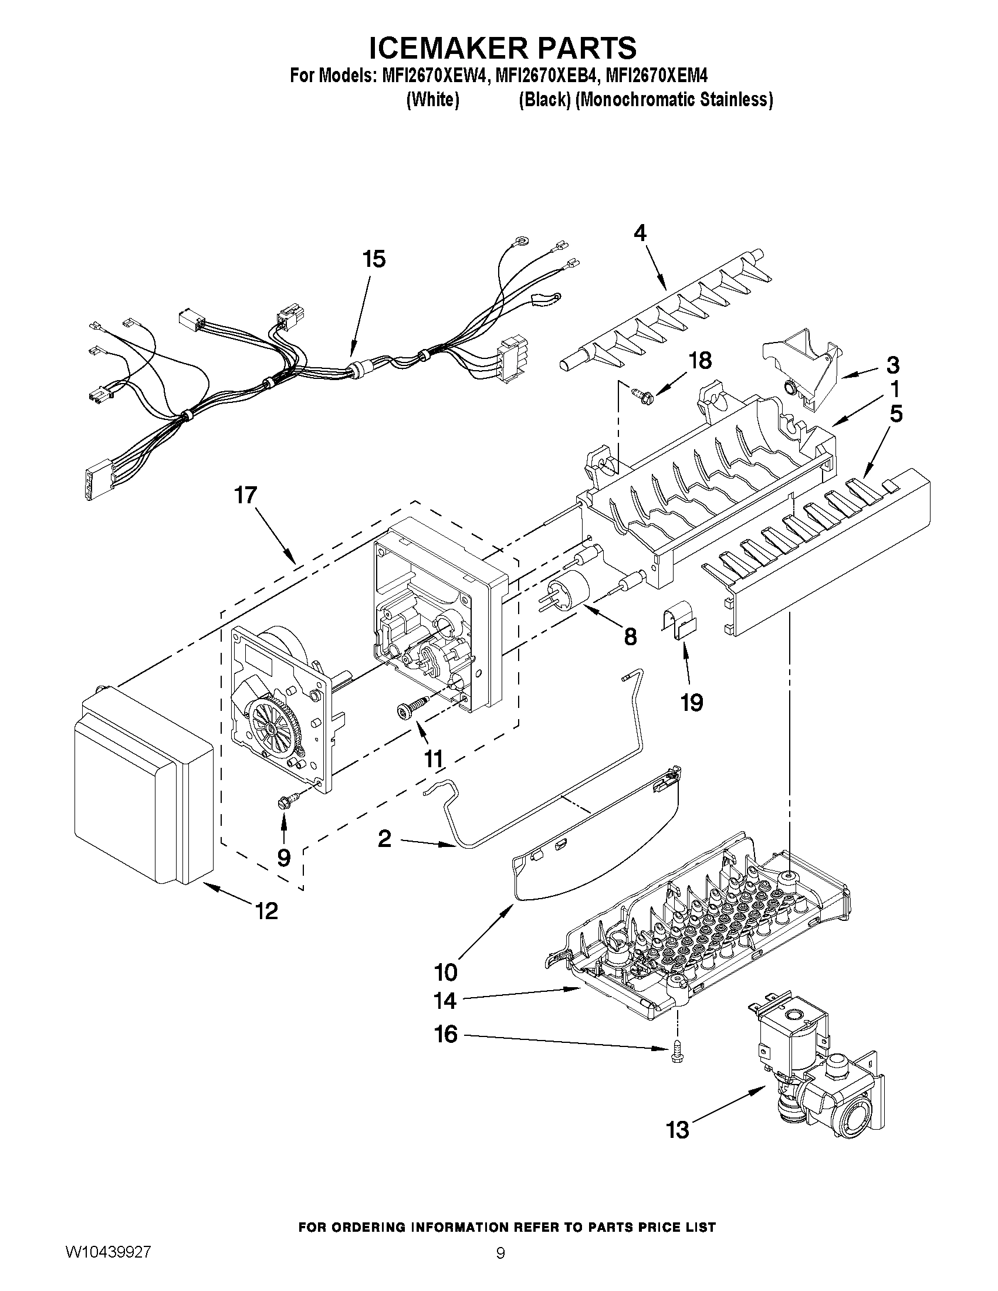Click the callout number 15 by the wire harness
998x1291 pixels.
[374, 259]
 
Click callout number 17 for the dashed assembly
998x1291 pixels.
[245, 495]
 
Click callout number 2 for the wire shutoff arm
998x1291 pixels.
[384, 839]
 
